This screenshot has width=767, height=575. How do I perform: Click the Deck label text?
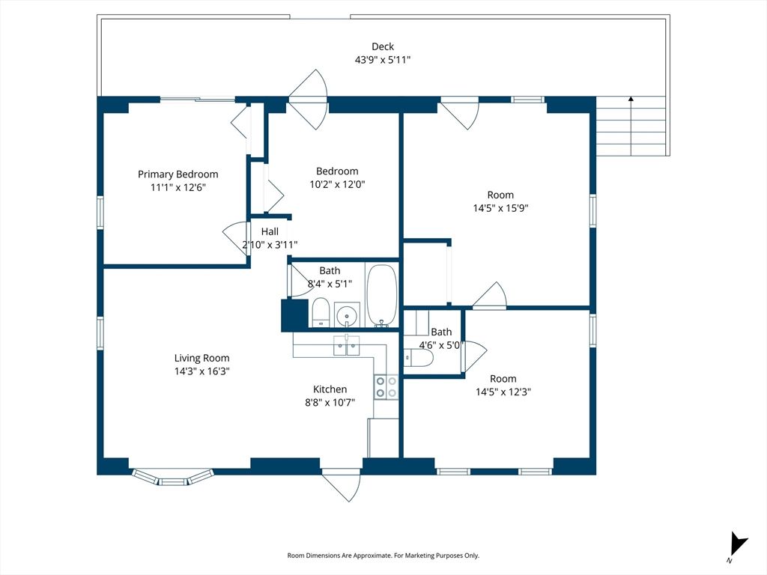(383, 46)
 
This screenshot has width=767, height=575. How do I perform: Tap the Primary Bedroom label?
(178, 174)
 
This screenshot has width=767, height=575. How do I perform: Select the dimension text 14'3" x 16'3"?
(202, 371)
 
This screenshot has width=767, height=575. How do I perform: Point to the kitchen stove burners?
(386, 386)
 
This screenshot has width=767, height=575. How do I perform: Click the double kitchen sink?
(347, 346)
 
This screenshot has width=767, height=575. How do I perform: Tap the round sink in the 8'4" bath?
(347, 316)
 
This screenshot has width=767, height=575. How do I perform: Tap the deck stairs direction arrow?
(631, 100)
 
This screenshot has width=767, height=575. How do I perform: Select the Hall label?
(270, 231)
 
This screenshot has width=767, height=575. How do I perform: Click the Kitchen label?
(330, 389)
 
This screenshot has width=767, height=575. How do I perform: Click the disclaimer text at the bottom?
(383, 556)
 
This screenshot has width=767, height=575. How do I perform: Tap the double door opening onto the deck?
(309, 99)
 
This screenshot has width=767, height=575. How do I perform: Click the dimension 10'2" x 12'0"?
(337, 184)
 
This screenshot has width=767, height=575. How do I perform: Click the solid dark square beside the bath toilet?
(294, 315)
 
